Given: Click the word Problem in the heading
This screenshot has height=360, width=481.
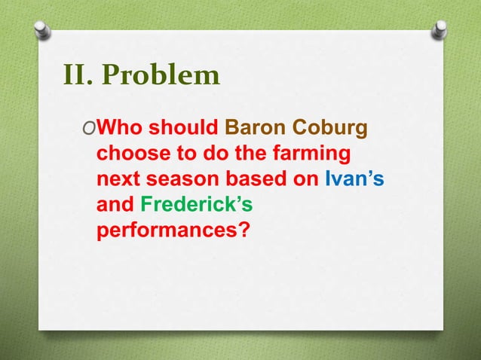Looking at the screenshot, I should coord(161,76).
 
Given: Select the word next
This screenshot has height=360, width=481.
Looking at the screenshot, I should coord(119,181).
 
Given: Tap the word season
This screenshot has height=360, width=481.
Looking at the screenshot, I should coord(181,181).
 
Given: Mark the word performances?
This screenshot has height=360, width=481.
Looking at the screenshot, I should coord(173,230).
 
